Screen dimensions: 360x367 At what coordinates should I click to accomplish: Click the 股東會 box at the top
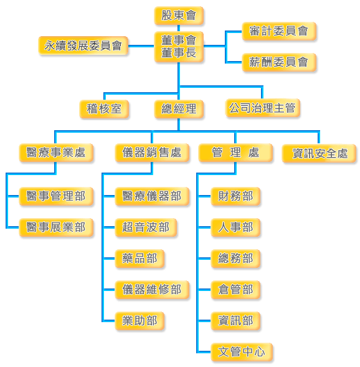pyautogui.click(x=179, y=16)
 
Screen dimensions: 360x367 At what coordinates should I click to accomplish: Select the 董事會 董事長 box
pyautogui.click(x=179, y=47)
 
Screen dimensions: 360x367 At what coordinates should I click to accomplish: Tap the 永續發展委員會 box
pyautogui.click(x=83, y=45)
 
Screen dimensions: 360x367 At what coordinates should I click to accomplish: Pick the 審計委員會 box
pyautogui.click(x=279, y=31)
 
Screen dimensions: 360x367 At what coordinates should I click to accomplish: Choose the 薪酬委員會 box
pyautogui.click(x=279, y=62)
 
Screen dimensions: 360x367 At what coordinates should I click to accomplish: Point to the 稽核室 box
pyautogui.click(x=104, y=109)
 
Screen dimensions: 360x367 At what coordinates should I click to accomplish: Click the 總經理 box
pyautogui.click(x=179, y=109)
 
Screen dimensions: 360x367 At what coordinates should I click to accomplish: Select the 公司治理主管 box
pyautogui.click(x=263, y=108)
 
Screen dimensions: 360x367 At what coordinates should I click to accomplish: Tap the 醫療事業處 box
pyautogui.click(x=56, y=153)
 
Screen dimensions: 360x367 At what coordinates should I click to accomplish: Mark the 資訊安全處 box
pyautogui.click(x=319, y=153)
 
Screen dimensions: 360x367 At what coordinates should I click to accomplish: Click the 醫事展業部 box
pyautogui.click(x=56, y=227)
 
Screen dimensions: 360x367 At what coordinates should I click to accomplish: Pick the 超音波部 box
pyautogui.click(x=146, y=227)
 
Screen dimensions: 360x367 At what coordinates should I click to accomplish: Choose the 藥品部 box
pyautogui.click(x=140, y=259)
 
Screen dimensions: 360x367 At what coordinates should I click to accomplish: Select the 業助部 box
pyautogui.click(x=140, y=321)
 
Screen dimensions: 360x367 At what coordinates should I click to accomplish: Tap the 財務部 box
pyautogui.click(x=235, y=196)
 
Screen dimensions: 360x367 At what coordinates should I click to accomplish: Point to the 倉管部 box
pyautogui.click(x=235, y=290)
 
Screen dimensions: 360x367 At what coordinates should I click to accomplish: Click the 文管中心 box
pyautogui.click(x=242, y=352)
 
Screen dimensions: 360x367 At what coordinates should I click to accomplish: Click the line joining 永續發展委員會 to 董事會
pyautogui.click(x=141, y=46)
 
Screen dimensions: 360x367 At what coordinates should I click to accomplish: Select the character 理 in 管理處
pyautogui.click(x=235, y=153)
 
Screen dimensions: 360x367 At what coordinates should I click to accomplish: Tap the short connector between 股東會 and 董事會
pyautogui.click(x=179, y=28)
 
